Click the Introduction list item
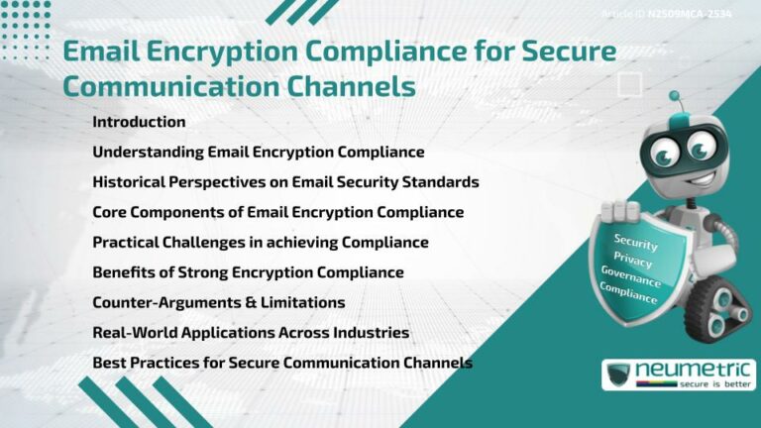(x=139, y=122)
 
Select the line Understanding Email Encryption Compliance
(x=258, y=152)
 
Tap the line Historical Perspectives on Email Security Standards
(x=285, y=181)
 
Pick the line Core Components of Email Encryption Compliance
(x=277, y=212)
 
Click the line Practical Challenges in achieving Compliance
(x=260, y=242)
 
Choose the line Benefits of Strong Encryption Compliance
(x=248, y=271)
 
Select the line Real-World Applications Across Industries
(x=251, y=332)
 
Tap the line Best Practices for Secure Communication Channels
(x=281, y=362)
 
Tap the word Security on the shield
(x=635, y=242)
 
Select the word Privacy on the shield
(x=632, y=260)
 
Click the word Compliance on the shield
(x=629, y=294)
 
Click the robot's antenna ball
(x=675, y=97)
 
